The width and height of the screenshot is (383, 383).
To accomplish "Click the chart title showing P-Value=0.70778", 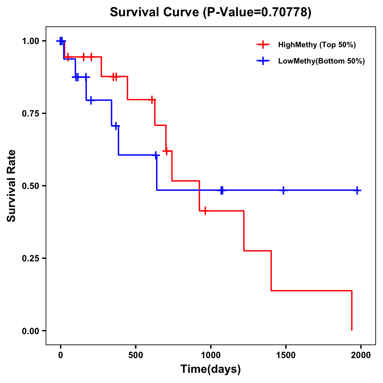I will [x=210, y=12].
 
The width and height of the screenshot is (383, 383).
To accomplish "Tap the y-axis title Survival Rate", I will [x=11, y=186].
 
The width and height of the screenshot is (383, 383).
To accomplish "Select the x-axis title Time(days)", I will [x=211, y=369].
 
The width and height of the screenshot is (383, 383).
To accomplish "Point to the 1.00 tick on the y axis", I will [x=31, y=41].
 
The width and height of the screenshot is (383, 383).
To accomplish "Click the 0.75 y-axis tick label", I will [x=31, y=114].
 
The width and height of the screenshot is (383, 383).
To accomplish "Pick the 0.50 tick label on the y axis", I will [x=31, y=186].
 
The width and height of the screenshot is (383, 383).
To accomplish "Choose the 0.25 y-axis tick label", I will [x=31, y=259].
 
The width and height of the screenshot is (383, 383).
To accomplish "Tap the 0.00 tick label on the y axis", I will [x=31, y=331].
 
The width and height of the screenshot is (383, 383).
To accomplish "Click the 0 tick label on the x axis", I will [x=60, y=355].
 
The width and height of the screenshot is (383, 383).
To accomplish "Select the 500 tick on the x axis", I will [x=136, y=355].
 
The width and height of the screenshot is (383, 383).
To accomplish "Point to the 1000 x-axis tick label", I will [x=211, y=355].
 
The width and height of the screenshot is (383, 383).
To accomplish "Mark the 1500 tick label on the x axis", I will [x=286, y=355].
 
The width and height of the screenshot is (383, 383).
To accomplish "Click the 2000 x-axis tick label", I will [x=361, y=355].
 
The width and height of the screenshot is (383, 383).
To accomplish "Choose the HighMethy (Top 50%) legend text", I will [x=317, y=45].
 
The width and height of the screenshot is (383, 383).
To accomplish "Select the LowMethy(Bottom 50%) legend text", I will [x=321, y=61].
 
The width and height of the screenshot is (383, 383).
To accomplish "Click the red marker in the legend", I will [x=263, y=45].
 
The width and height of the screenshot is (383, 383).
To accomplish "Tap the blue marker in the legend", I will [x=263, y=61].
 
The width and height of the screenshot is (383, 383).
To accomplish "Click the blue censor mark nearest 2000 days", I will [x=357, y=190].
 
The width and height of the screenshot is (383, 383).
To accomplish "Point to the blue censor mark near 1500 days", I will [x=283, y=190].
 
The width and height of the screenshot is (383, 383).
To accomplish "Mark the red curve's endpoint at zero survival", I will [x=352, y=330].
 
